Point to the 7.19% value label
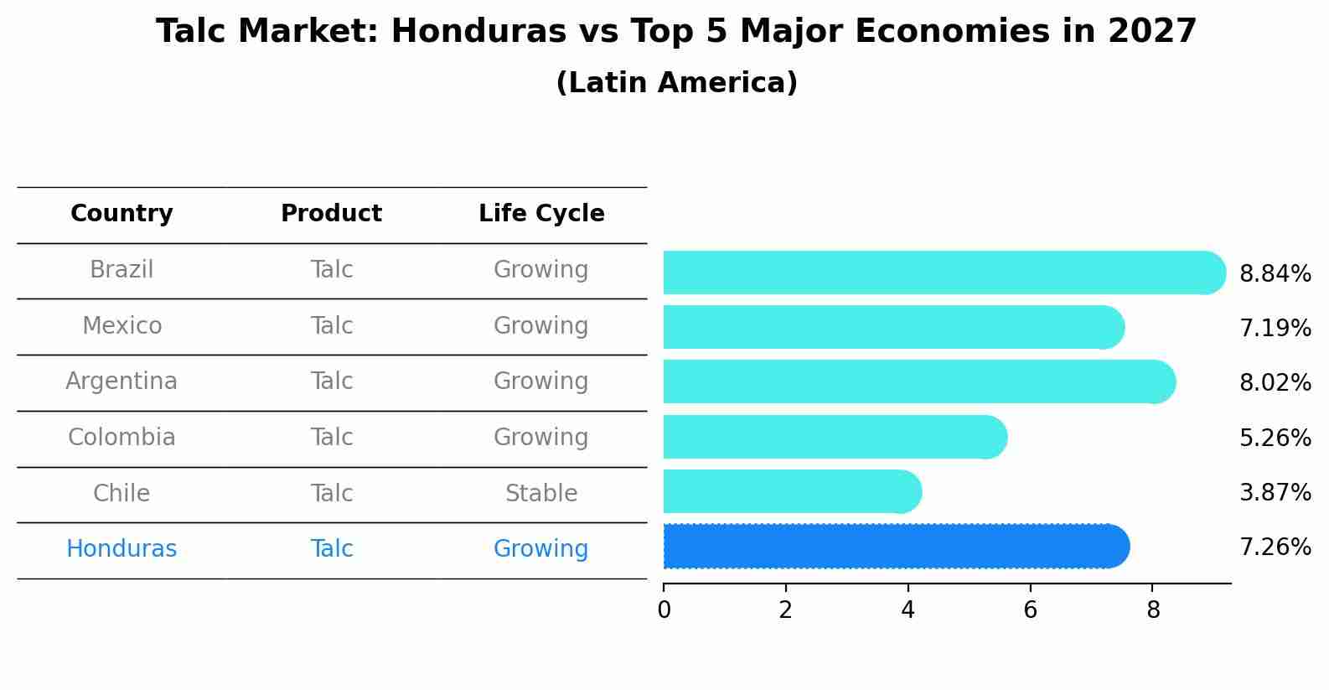(1275, 328)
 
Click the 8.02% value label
(1275, 383)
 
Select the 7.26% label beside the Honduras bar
(1275, 547)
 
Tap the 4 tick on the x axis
(908, 610)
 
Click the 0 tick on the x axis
(664, 610)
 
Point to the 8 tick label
(1152, 610)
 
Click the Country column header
(122, 214)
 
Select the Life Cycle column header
(541, 214)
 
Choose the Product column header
(331, 214)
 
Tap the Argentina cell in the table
(122, 381)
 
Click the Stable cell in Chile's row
(541, 494)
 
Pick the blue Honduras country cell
(122, 549)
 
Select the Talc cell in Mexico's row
(331, 326)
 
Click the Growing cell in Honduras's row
(541, 549)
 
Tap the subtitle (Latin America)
(676, 83)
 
